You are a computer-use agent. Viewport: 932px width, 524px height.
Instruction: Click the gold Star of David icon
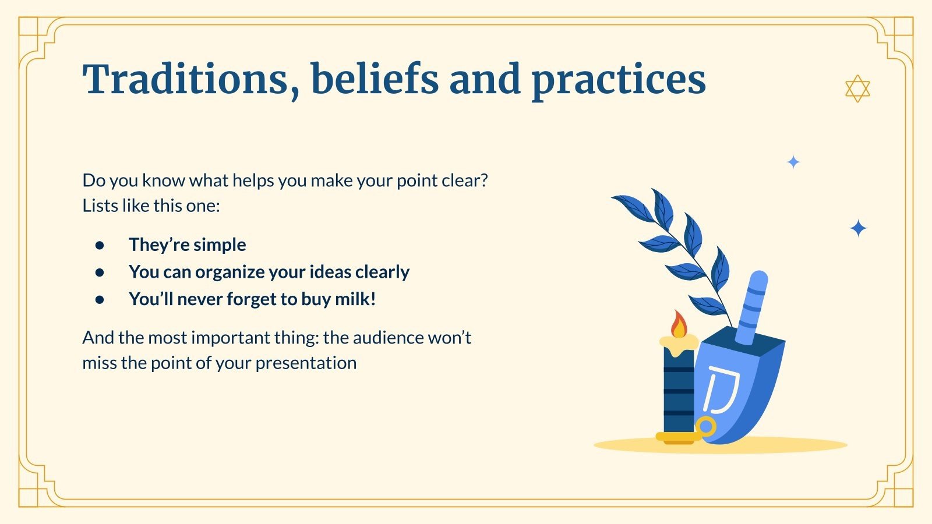click(x=857, y=88)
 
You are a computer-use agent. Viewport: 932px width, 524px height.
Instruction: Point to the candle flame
click(x=678, y=324)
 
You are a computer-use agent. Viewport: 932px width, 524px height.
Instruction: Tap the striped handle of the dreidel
click(x=752, y=308)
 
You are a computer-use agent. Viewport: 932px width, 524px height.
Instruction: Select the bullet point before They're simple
click(x=100, y=245)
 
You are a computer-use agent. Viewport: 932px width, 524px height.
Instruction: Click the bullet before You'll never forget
click(x=100, y=299)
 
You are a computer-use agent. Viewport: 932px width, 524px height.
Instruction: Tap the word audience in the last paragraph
click(x=382, y=338)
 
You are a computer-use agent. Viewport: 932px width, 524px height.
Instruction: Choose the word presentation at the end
click(x=306, y=364)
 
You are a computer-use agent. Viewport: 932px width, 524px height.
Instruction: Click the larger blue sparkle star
click(x=858, y=228)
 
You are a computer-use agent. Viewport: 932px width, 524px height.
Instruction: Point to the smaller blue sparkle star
click(x=793, y=162)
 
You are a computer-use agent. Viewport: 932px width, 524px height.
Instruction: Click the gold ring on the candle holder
click(x=705, y=426)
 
